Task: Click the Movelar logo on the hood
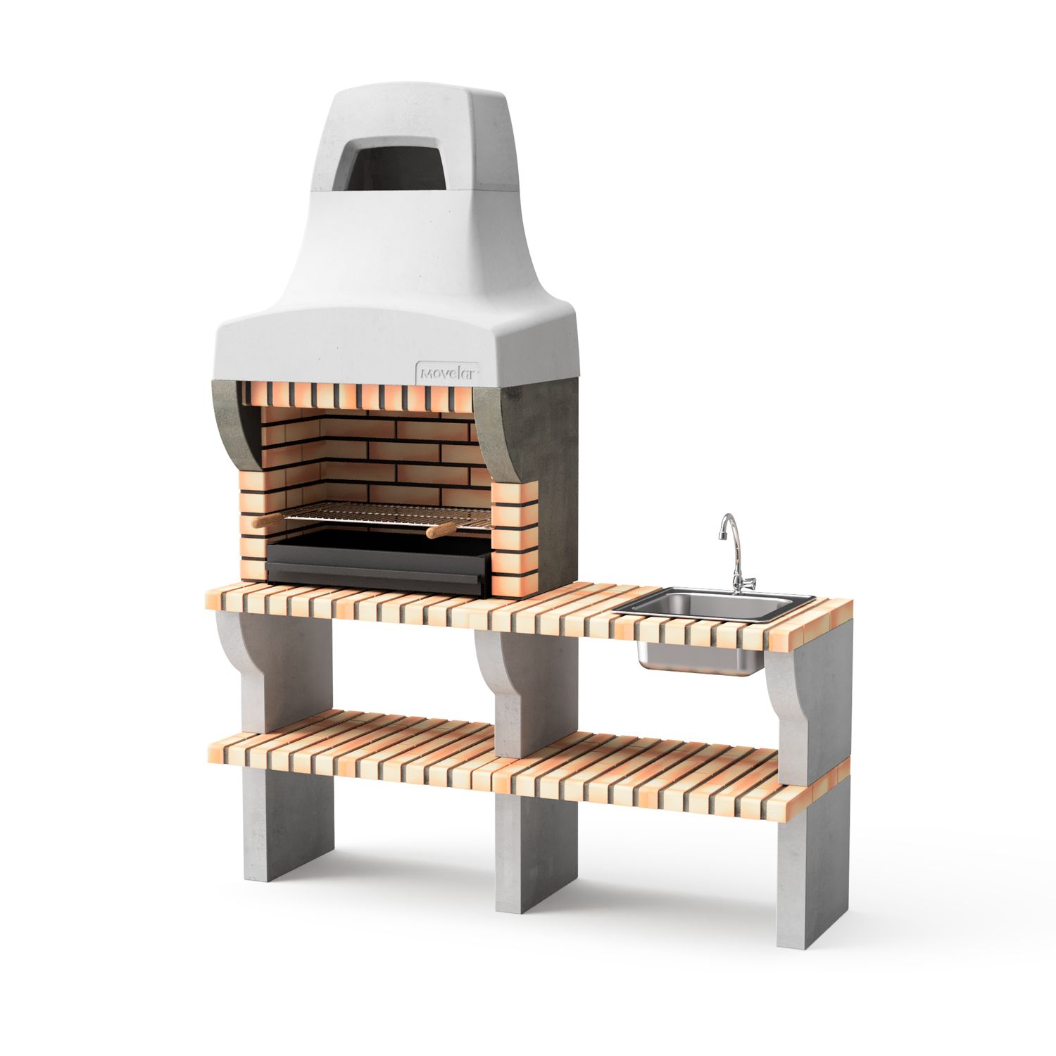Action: pos(448,373)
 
